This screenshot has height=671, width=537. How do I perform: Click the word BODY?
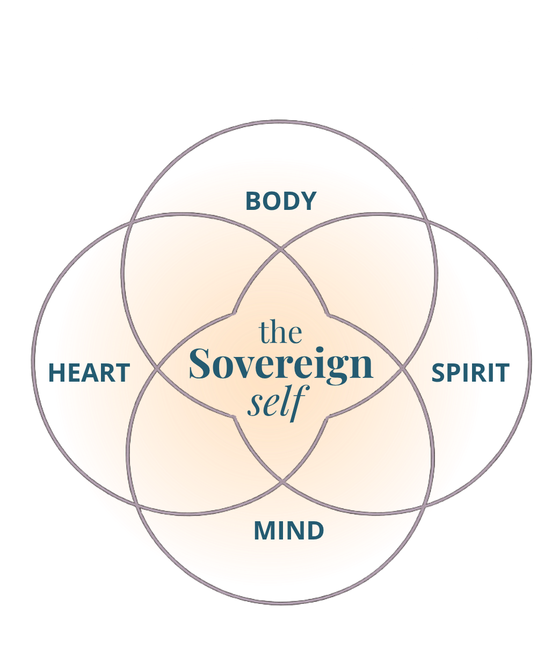coord(281,201)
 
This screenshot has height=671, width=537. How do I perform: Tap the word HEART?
coord(90,373)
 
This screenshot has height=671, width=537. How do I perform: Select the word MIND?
coord(288,531)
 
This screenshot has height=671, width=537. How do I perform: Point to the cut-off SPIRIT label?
coord(460,373)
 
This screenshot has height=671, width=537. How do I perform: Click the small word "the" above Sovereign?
coord(280,332)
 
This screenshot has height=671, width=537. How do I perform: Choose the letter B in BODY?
coord(253,201)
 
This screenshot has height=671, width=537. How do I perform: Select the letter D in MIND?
coord(316,531)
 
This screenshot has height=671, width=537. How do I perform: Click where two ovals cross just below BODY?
coord(281,249)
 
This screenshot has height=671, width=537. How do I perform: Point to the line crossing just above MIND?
coord(282,482)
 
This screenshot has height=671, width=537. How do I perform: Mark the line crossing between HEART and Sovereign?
coord(158,369)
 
